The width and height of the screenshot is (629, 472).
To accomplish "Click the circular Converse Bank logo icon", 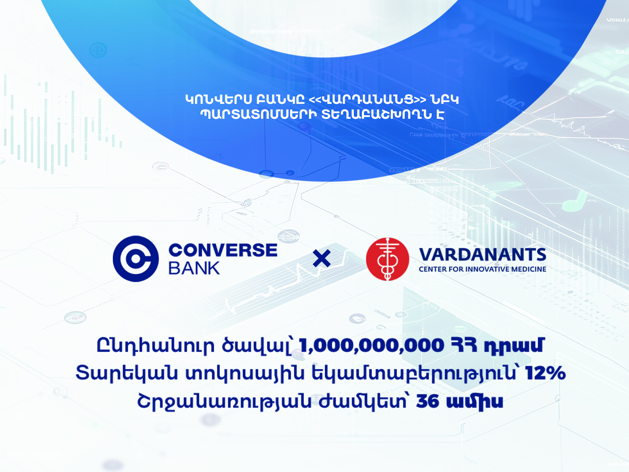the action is click(x=136, y=259).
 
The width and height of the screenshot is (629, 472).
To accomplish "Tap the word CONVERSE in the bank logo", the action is click(x=223, y=250).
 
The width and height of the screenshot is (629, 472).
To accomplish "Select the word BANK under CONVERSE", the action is click(x=194, y=268).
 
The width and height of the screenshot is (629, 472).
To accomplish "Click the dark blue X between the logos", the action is click(x=322, y=258).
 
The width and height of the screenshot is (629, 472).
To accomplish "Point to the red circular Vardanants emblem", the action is click(x=388, y=259).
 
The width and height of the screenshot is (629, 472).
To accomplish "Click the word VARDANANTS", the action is click(x=483, y=255).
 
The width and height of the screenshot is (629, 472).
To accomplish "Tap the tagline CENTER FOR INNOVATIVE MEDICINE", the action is click(x=483, y=269).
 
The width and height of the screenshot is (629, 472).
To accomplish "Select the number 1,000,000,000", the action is click(x=372, y=345).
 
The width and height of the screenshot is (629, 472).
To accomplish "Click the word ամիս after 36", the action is click(x=475, y=402).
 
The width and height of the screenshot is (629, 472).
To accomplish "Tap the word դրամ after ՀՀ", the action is click(x=514, y=346).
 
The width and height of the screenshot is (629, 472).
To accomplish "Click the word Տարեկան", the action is click(x=127, y=373).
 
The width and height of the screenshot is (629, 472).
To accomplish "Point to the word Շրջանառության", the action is click(x=224, y=402).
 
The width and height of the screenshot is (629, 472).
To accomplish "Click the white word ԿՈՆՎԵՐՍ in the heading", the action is click(x=219, y=100).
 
